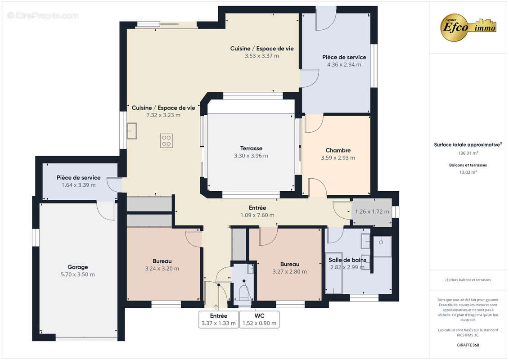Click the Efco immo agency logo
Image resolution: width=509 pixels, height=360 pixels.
point(468,27)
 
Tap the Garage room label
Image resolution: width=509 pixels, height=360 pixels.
point(77,267)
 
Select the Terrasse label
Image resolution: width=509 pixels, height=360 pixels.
point(251,148)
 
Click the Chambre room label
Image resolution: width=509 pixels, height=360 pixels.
point(338,150)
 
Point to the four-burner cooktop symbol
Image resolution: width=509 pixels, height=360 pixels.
point(166,141)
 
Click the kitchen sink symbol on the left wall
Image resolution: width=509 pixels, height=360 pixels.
point(131,131)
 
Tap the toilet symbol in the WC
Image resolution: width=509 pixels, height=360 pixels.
point(243,292)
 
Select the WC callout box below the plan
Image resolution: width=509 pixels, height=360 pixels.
point(259,319)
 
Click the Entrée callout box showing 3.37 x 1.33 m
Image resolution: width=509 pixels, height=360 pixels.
point(218,319)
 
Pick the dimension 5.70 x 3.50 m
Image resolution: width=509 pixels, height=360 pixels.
point(77,274)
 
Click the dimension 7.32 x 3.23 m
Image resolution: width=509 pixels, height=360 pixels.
point(163,115)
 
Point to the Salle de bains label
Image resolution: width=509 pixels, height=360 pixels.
point(347,260)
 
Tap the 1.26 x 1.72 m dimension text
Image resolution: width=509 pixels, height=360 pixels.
point(372,211)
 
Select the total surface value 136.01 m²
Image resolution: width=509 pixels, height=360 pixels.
point(468,153)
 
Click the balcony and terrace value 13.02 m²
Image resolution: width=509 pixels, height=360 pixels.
point(468,172)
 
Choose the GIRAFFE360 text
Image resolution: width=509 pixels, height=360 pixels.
point(468,345)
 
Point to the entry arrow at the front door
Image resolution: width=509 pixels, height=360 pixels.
point(216,307)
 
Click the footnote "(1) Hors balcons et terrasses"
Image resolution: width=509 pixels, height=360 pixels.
point(468,280)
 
